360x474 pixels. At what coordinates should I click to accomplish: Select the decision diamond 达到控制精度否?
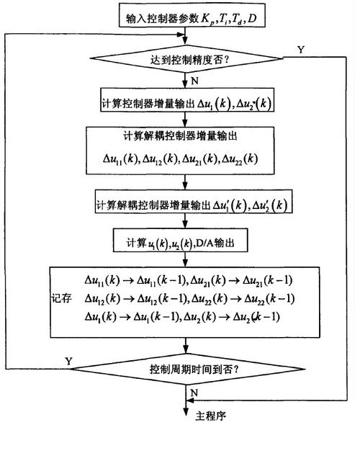(185, 61)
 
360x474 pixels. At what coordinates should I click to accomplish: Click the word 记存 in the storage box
(63, 298)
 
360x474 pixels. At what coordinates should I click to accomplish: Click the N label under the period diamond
(194, 392)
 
